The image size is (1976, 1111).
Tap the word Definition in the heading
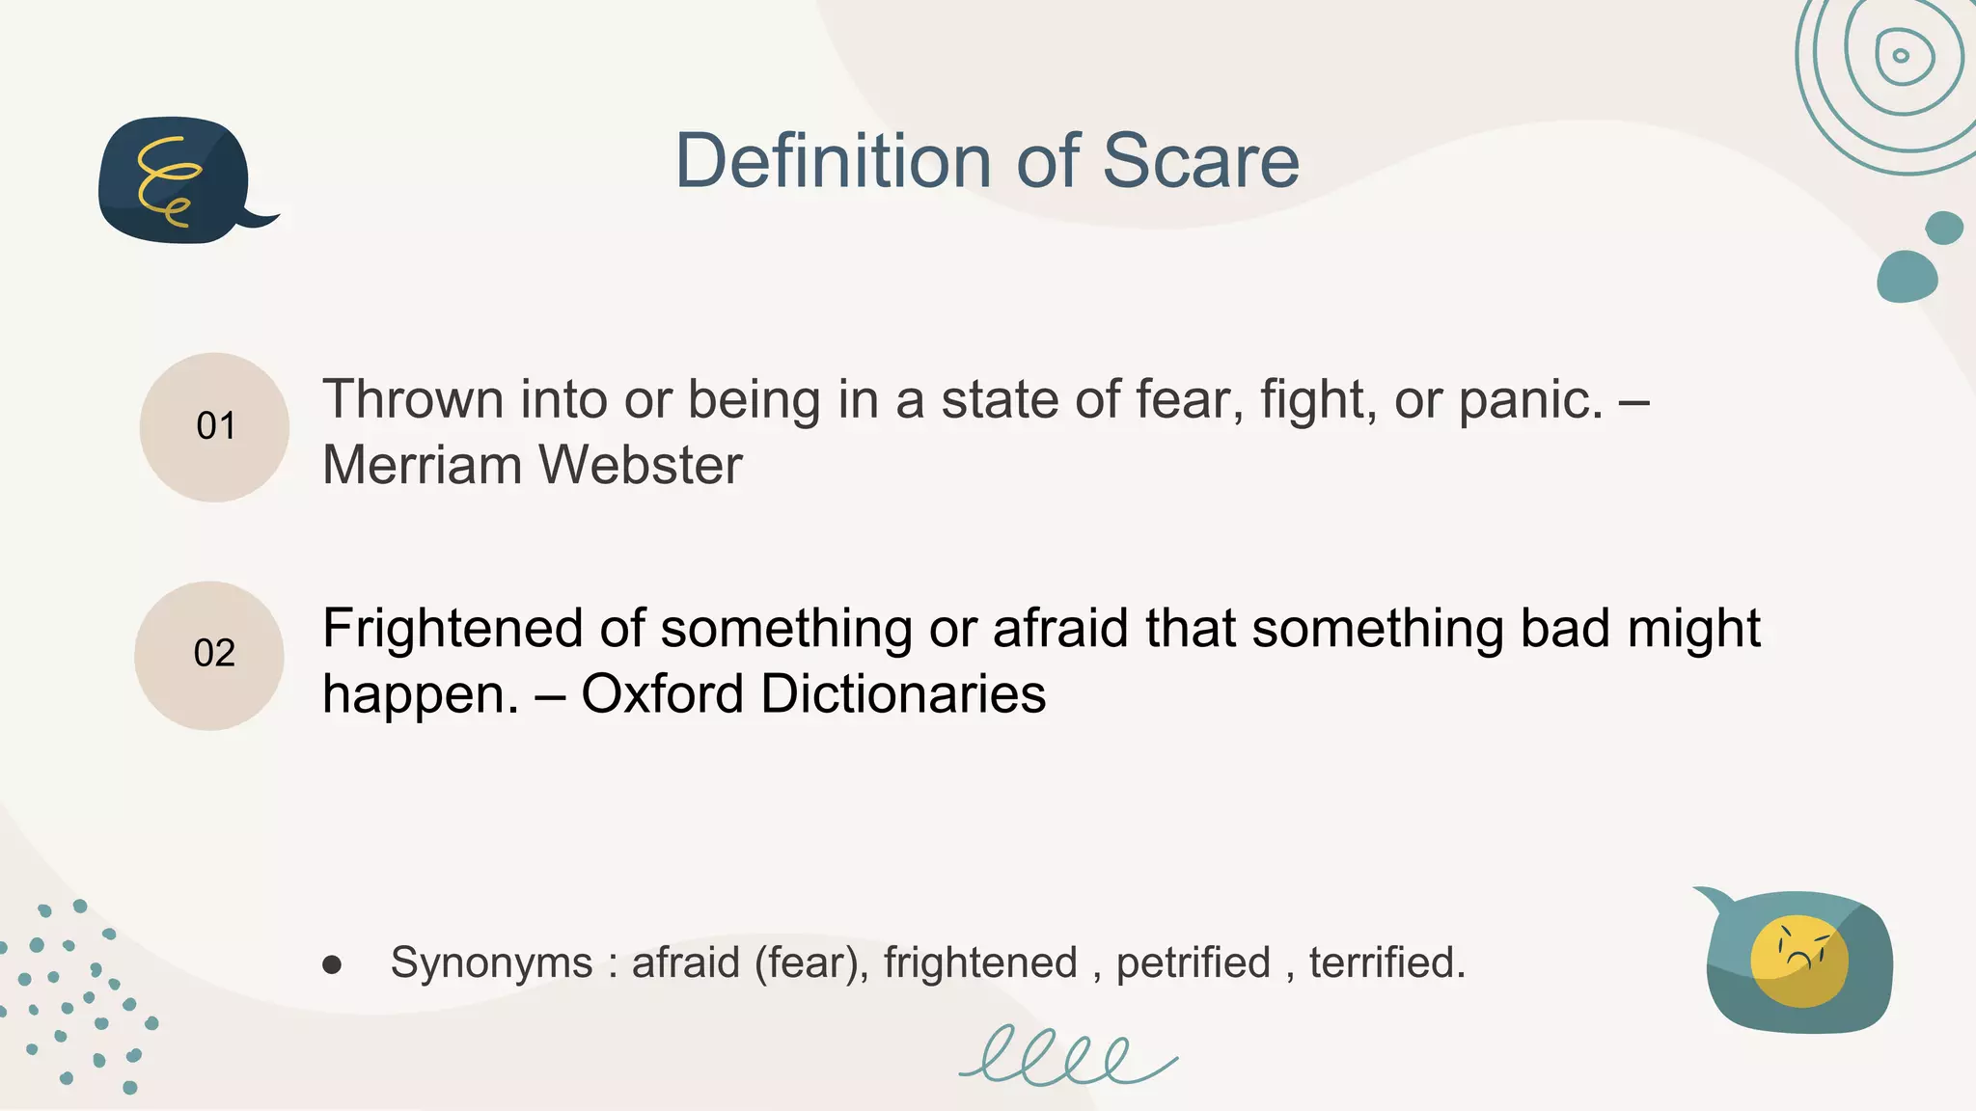(833, 161)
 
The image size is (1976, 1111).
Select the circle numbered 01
(214, 426)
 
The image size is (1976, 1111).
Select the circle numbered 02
(209, 655)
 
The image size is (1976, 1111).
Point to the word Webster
(641, 465)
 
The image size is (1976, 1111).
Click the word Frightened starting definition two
(453, 629)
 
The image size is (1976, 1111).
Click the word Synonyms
(491, 962)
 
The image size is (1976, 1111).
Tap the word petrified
(1194, 962)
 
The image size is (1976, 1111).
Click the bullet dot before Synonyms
(332, 964)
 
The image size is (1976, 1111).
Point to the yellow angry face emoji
(1798, 961)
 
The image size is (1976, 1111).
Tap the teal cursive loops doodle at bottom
(1067, 1057)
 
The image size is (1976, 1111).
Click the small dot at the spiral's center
(1901, 55)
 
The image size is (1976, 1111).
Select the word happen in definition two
(414, 693)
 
